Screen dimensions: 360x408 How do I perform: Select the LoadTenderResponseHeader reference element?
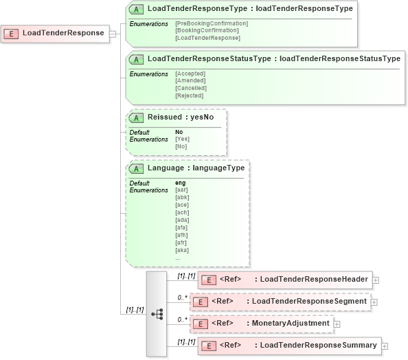point(285,279)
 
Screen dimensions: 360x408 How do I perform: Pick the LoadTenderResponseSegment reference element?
point(281,301)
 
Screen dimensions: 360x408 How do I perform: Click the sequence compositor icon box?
point(156,314)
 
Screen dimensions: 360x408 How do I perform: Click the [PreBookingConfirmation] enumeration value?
point(212,23)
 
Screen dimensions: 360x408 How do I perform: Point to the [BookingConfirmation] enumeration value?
point(207,30)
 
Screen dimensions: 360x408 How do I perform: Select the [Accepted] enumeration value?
point(190,74)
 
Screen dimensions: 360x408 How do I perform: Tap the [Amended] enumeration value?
point(190,80)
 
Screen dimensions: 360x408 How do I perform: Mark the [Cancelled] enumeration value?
point(191,88)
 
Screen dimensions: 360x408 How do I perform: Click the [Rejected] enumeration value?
point(189,95)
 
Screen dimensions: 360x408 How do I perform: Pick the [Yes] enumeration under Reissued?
point(181,139)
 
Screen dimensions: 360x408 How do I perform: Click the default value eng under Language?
point(181,183)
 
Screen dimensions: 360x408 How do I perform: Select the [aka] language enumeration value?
point(181,250)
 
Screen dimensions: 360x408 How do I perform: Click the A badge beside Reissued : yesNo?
point(137,117)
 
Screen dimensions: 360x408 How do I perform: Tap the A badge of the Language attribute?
point(137,168)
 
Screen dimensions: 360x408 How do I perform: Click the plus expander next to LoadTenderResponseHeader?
point(376,280)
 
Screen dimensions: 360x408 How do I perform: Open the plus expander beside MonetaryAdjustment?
point(337,324)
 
